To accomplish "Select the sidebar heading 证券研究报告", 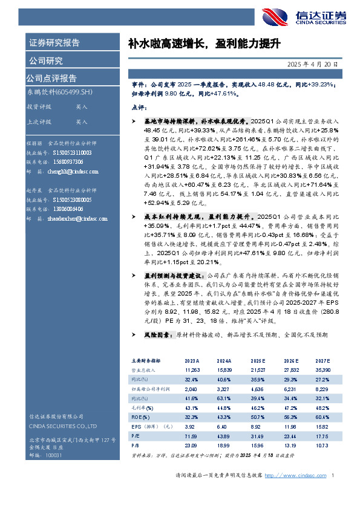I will (54, 43).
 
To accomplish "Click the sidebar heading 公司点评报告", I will (51, 78).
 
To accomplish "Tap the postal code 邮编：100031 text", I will (42, 455).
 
